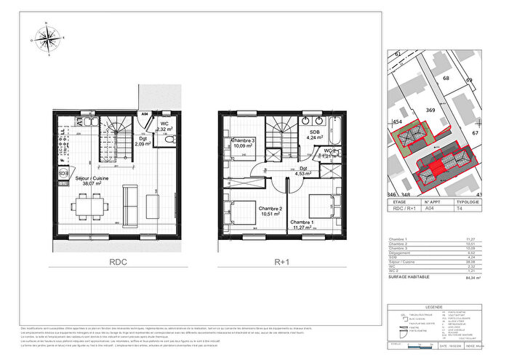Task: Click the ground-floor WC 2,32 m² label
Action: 163,127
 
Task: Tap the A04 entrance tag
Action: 145,115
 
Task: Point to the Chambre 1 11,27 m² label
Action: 302,224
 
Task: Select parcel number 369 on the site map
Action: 430,109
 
